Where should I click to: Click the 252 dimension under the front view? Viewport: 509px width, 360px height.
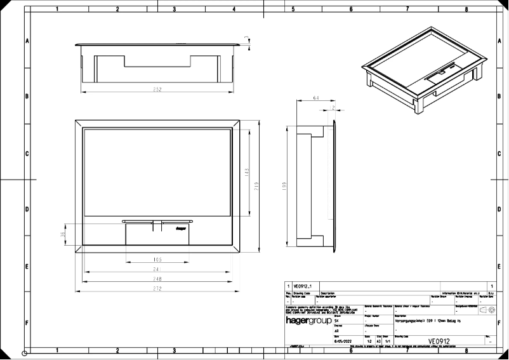click(157, 90)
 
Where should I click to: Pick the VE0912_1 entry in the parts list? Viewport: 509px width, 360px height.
click(304, 287)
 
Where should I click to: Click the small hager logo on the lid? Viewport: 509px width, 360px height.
click(180, 223)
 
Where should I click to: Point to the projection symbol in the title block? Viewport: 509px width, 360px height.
click(487, 310)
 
